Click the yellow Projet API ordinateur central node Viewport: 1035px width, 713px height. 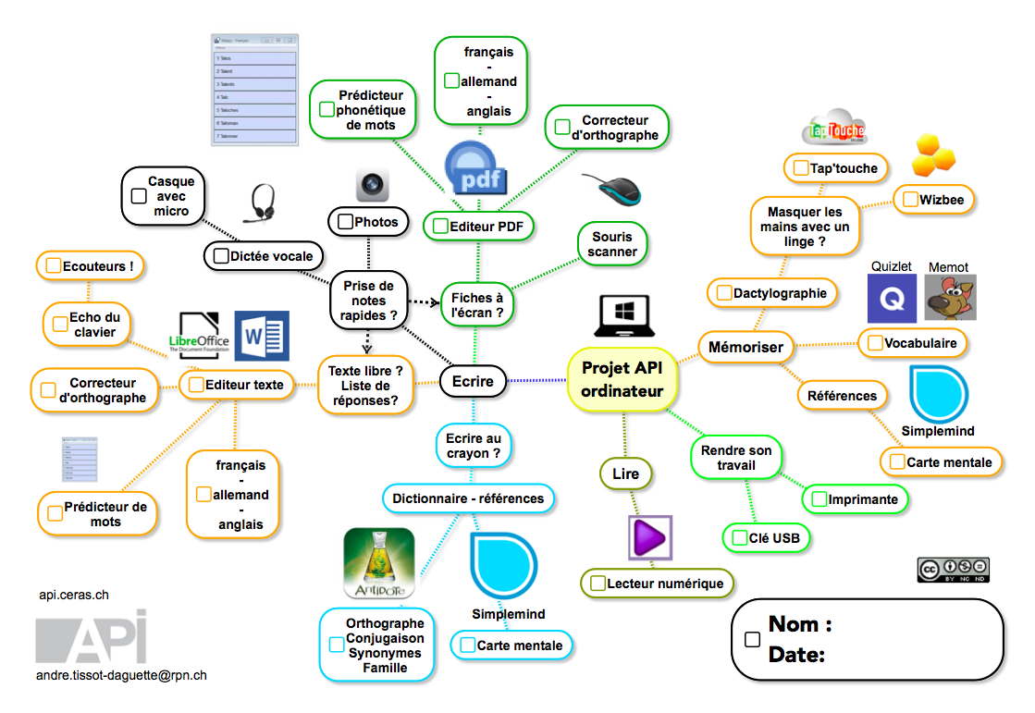622,379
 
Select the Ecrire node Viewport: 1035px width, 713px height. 473,381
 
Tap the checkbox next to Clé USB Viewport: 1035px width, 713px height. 738,537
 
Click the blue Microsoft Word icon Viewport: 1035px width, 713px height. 262,336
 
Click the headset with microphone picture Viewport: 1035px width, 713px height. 262,204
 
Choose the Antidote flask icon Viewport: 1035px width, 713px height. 378,561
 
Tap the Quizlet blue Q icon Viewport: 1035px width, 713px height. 891,298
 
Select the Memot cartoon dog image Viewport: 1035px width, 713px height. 950,298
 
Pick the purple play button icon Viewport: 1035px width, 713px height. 649,537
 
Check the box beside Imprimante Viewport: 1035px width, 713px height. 819,499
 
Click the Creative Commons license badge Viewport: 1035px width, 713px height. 953,570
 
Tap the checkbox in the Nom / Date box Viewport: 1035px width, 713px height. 753,640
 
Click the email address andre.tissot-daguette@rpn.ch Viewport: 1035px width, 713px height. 121,675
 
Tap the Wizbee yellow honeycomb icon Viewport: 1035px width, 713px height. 929,155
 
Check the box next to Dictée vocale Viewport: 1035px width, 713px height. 221,256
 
